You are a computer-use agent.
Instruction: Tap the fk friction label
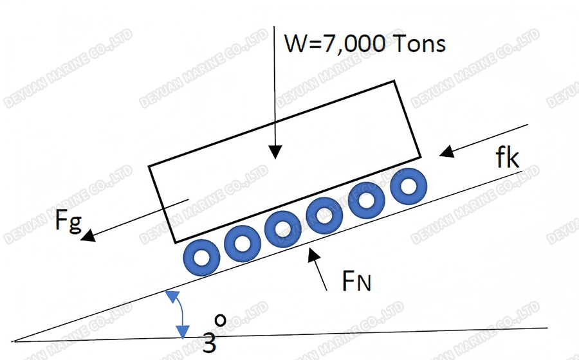coord(508,158)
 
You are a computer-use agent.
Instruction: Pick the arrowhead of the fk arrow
coord(445,153)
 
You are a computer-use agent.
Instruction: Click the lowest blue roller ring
coord(202,256)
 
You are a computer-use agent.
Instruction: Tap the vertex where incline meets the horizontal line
coord(13,340)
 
